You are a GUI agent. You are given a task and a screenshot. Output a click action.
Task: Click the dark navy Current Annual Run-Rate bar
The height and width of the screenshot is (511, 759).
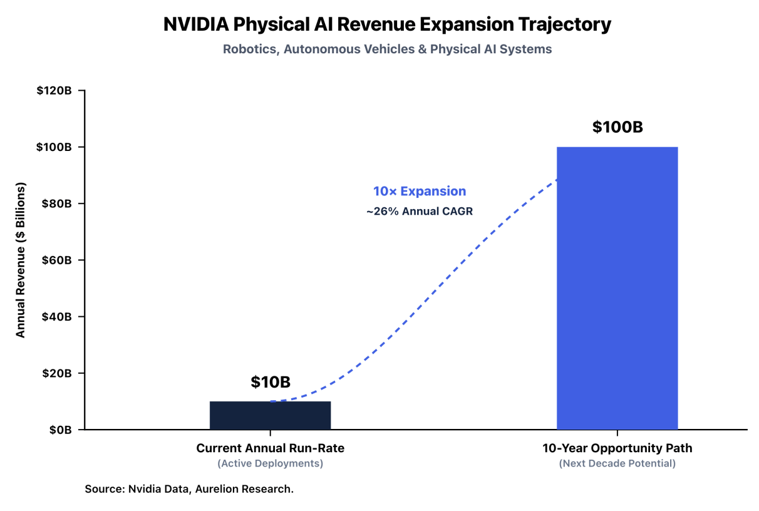click(270, 415)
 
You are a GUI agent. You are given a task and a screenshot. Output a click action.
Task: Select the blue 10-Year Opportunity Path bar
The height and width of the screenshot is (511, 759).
click(617, 288)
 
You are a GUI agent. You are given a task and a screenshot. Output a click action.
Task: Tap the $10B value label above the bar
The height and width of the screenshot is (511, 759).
click(271, 382)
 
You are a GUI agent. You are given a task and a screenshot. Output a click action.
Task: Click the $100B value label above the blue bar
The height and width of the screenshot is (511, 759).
click(617, 127)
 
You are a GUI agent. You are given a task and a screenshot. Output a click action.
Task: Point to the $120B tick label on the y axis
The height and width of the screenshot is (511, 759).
click(54, 90)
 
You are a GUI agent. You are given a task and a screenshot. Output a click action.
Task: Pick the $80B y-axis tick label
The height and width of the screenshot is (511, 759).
click(56, 204)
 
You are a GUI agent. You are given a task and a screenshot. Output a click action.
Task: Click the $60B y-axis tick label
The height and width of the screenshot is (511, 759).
click(56, 260)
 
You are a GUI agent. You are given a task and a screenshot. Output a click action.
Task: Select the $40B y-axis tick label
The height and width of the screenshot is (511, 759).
click(56, 316)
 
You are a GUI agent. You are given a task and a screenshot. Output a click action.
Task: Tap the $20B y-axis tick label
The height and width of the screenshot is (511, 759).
click(56, 373)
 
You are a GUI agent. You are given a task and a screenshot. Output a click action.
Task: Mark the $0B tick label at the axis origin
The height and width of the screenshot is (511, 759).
click(60, 430)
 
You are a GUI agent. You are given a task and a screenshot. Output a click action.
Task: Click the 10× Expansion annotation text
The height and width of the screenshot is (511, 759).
click(420, 191)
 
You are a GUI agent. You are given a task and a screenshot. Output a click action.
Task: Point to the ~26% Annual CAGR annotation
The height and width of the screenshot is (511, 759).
click(420, 212)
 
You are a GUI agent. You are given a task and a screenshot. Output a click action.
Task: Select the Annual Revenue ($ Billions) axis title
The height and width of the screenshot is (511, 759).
click(20, 260)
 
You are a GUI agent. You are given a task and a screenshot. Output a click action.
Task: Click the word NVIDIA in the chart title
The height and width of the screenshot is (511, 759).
click(196, 24)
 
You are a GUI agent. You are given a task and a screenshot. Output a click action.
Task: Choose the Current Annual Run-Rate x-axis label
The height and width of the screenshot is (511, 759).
click(270, 448)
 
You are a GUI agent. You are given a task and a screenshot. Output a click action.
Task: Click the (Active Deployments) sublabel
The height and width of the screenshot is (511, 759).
click(270, 463)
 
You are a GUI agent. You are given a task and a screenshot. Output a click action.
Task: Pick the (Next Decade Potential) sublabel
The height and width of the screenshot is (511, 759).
click(617, 463)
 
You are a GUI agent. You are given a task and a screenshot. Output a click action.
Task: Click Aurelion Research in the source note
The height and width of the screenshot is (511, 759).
click(244, 489)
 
